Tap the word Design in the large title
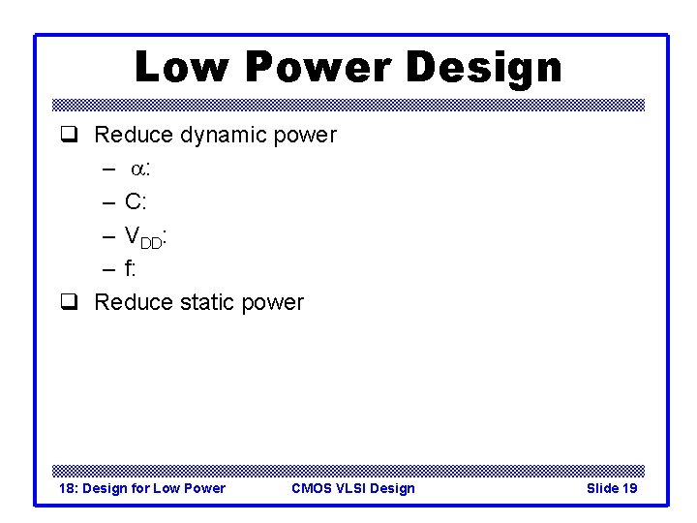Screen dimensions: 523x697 click(x=484, y=68)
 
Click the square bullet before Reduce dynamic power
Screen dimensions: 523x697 click(x=69, y=136)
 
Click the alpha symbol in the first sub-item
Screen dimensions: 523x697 click(x=137, y=169)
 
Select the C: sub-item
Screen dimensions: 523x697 click(x=136, y=201)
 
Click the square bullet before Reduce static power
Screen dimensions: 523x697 click(x=69, y=303)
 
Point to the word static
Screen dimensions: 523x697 click(x=208, y=302)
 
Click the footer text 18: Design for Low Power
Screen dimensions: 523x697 click(x=142, y=488)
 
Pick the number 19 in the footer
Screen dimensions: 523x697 click(x=628, y=488)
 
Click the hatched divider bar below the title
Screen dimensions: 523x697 click(x=348, y=105)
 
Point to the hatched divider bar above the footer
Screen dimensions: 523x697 click(x=348, y=469)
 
